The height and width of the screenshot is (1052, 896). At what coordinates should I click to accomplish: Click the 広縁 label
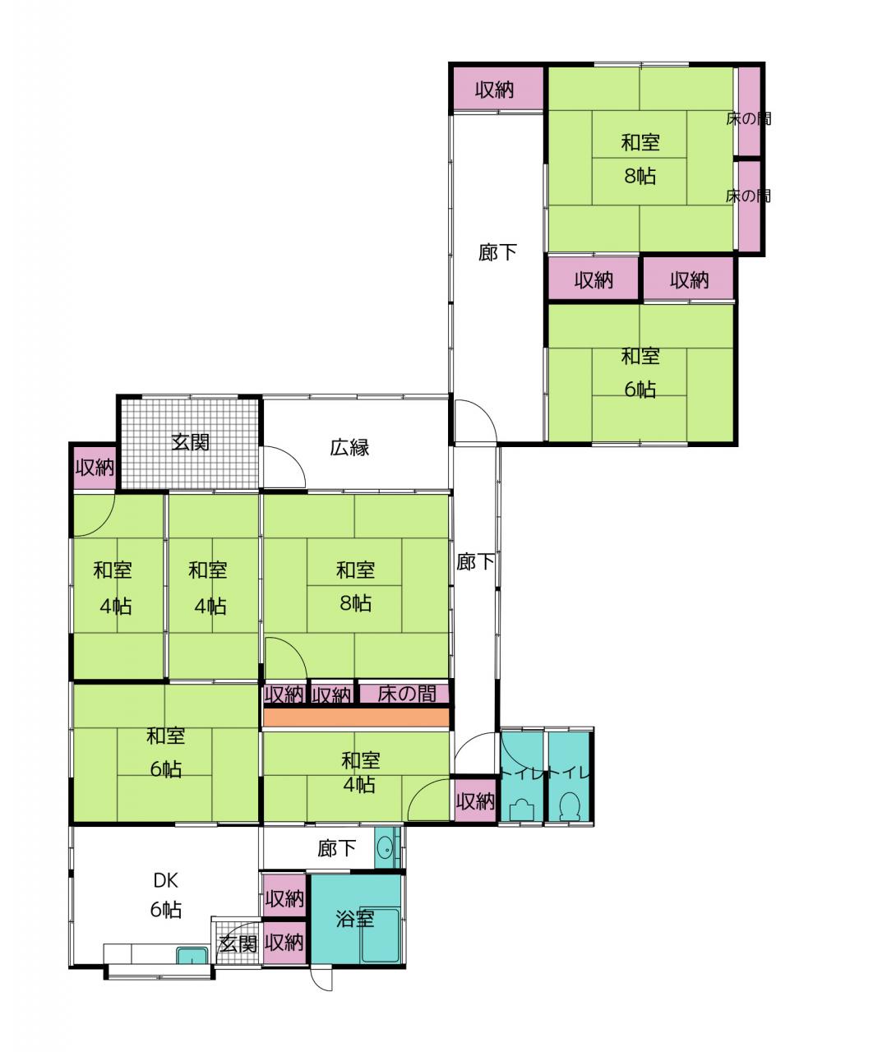point(349,448)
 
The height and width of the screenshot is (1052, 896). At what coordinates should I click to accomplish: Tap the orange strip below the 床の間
point(357,717)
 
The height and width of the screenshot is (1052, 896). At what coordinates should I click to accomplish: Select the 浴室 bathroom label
point(355,919)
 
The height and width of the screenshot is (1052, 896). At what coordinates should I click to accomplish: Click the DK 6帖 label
point(166,895)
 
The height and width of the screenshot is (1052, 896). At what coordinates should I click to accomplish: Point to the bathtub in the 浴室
point(380,935)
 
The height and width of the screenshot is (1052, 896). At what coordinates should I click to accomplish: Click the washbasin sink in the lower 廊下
point(386,848)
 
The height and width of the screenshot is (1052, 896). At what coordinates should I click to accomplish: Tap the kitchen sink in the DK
point(192,955)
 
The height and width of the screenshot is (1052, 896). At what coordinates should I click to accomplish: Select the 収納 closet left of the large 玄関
point(95,467)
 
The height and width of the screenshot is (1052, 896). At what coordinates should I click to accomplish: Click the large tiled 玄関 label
point(190,442)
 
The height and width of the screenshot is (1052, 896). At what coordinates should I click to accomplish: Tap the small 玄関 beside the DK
point(238,944)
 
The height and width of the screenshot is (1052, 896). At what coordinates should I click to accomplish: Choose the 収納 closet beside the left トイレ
point(475,801)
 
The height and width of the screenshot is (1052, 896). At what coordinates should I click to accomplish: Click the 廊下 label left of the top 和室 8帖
point(497,252)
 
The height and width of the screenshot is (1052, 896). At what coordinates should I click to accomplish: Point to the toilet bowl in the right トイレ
point(570,805)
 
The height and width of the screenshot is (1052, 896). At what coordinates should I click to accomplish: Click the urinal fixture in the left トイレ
point(521,810)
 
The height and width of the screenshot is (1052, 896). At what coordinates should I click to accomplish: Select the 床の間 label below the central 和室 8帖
point(407,693)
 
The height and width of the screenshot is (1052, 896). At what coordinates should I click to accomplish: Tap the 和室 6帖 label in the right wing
point(640,372)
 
